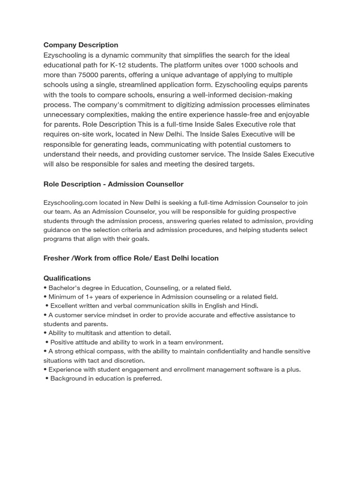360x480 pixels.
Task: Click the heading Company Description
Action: click(81, 45)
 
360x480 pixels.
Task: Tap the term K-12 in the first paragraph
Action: click(119, 65)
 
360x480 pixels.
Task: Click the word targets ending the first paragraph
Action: click(239, 164)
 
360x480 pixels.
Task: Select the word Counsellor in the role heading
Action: click(163, 184)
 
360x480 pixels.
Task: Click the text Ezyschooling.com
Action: click(70, 202)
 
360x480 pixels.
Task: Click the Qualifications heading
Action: click(67, 278)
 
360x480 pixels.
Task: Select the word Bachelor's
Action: click(65, 288)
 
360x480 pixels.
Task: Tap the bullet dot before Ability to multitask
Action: click(45, 333)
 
